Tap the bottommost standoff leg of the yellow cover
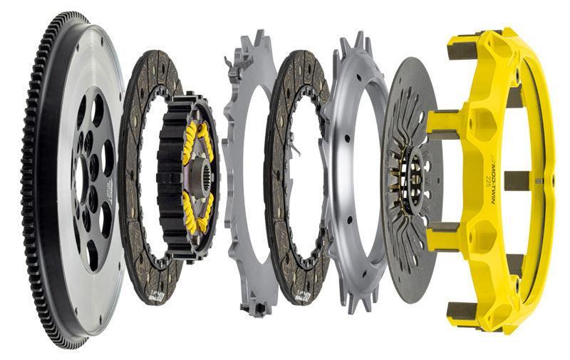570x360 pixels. pyautogui.click(x=463, y=310)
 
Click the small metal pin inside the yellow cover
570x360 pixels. pyautogui.click(x=541, y=180)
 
